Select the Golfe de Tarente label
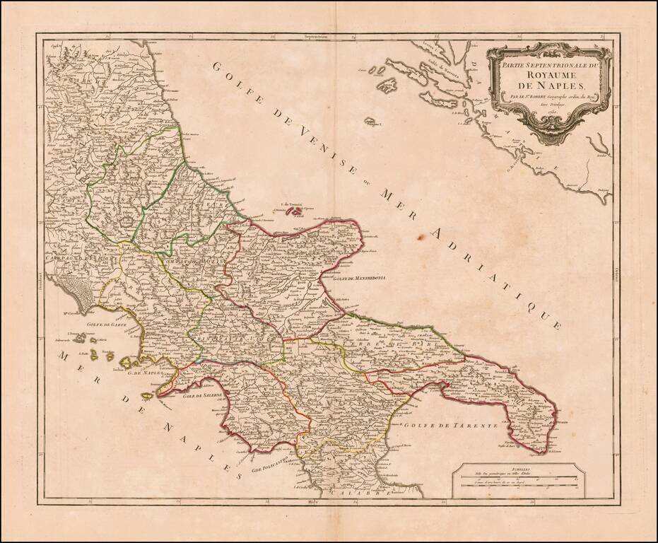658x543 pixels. tap(452, 426)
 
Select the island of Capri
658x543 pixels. tap(148, 395)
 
